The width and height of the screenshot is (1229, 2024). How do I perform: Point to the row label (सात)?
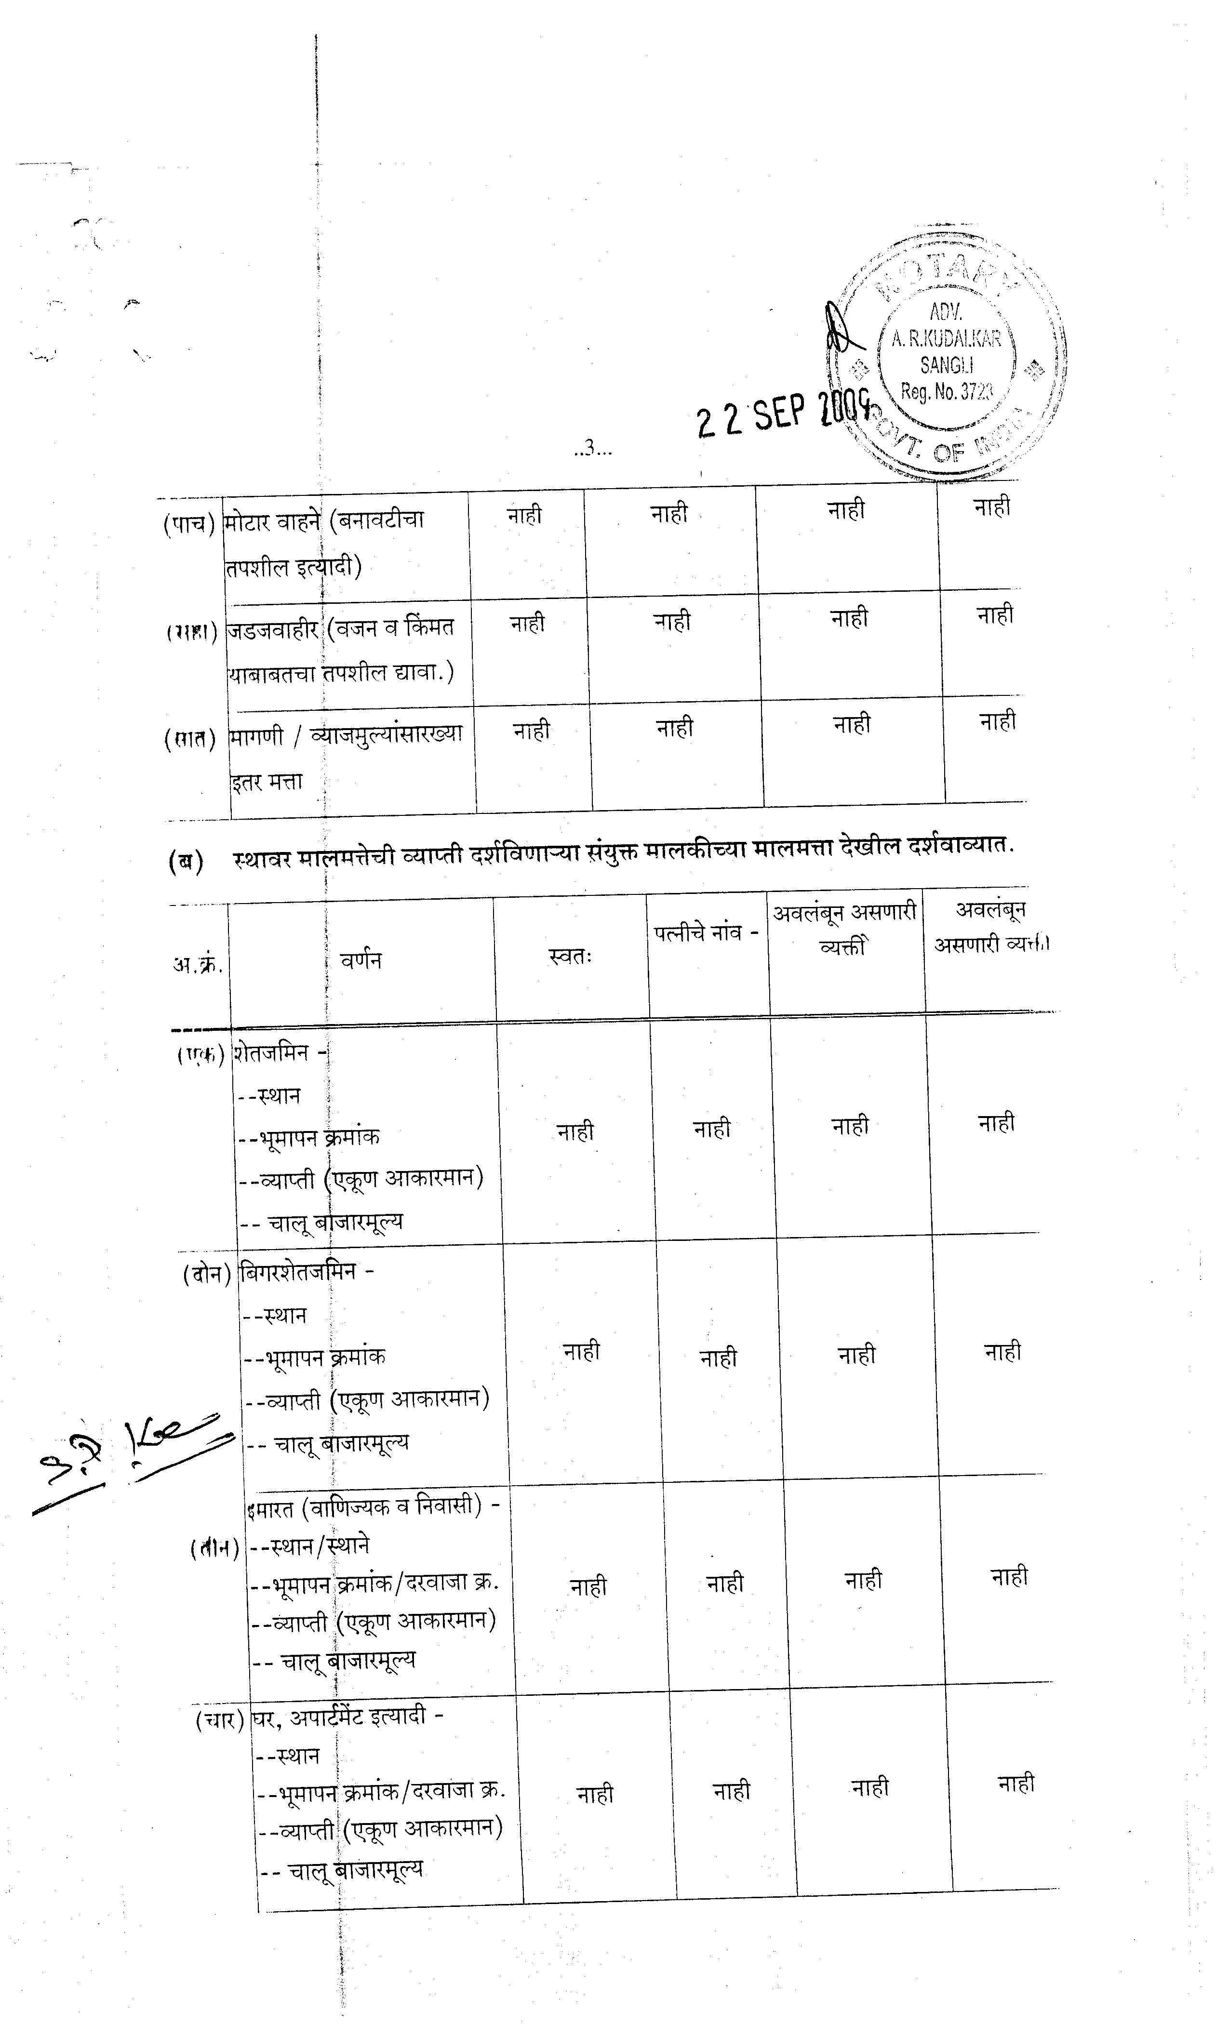[190, 738]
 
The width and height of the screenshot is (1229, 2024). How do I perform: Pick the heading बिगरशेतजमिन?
[297, 1272]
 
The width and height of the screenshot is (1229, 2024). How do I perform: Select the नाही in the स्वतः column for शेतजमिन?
[575, 1132]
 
